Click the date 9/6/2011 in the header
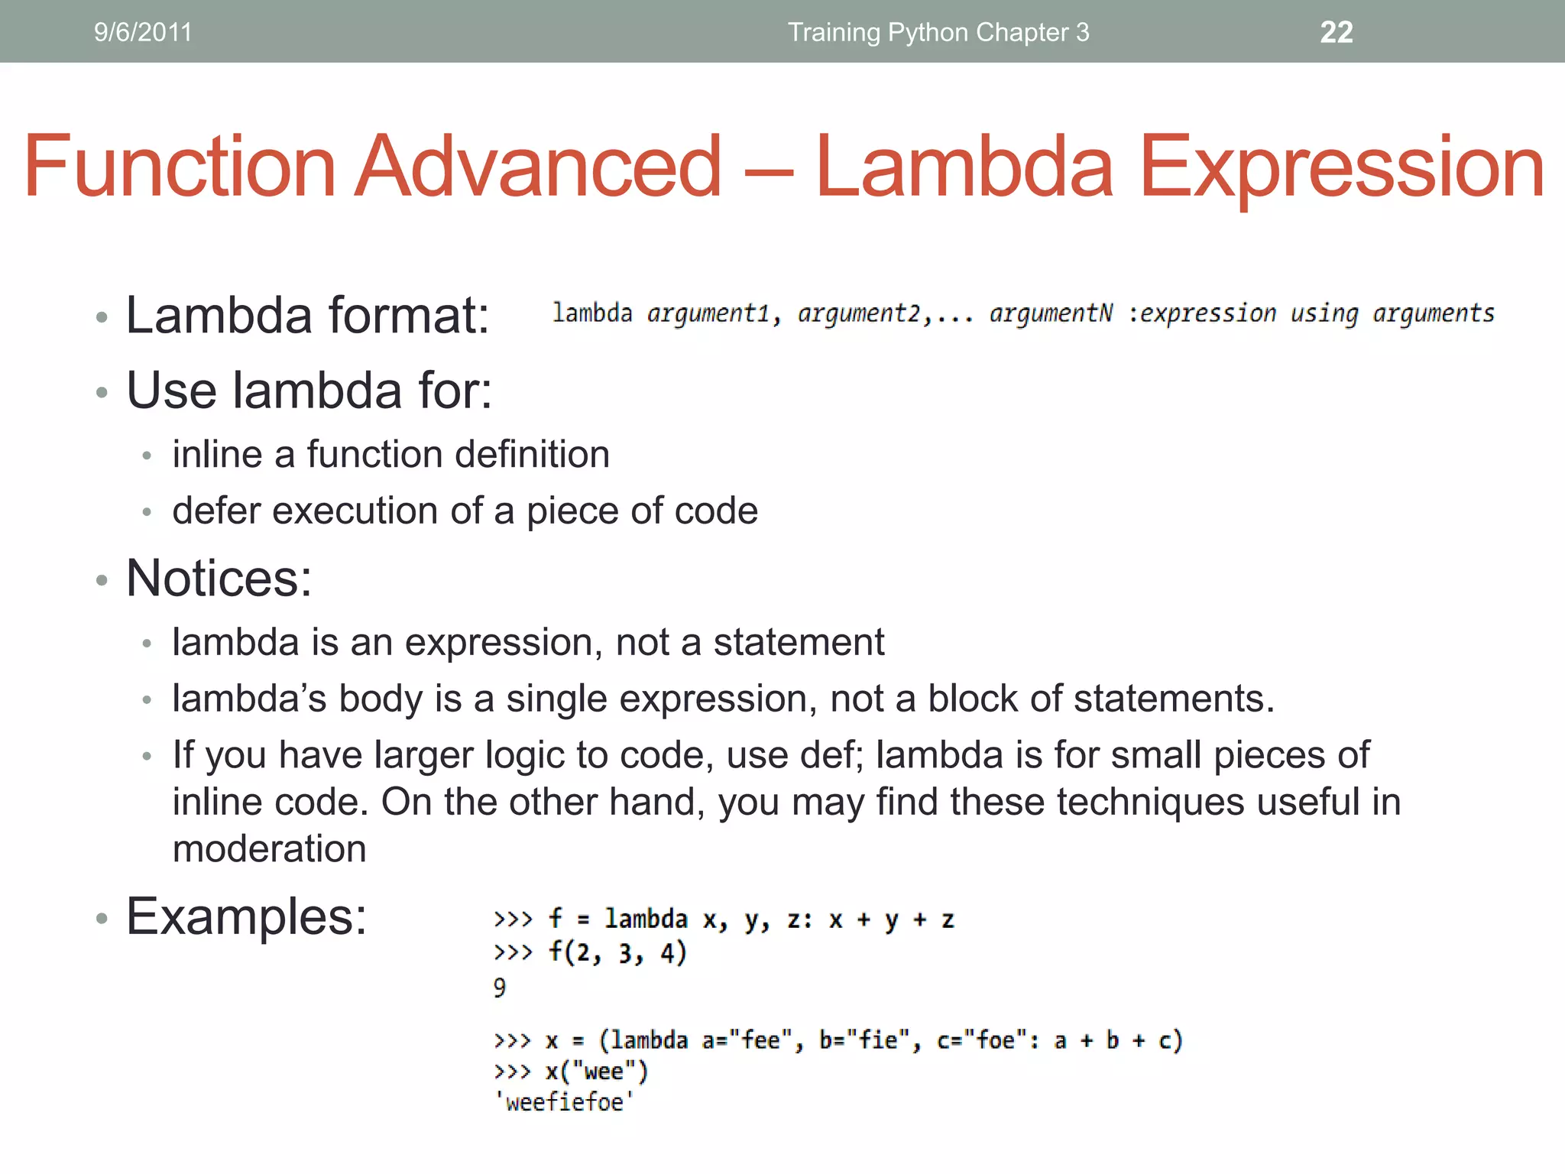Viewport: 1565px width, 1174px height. click(143, 32)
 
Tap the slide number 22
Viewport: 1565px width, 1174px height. click(1337, 32)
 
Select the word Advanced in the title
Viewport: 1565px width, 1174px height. click(539, 167)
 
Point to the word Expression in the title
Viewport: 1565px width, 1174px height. click(1341, 167)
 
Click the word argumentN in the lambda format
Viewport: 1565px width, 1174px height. click(1051, 313)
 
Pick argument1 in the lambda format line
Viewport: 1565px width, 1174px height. click(708, 313)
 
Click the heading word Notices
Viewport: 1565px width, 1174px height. click(219, 579)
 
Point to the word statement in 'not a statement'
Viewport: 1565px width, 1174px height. click(799, 642)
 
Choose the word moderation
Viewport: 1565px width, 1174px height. click(269, 849)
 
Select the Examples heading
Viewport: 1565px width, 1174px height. click(246, 916)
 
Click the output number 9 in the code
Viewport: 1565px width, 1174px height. click(500, 988)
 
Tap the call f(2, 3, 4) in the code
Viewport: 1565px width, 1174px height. click(617, 953)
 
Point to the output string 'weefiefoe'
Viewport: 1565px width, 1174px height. click(564, 1102)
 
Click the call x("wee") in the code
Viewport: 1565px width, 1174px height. click(597, 1072)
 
